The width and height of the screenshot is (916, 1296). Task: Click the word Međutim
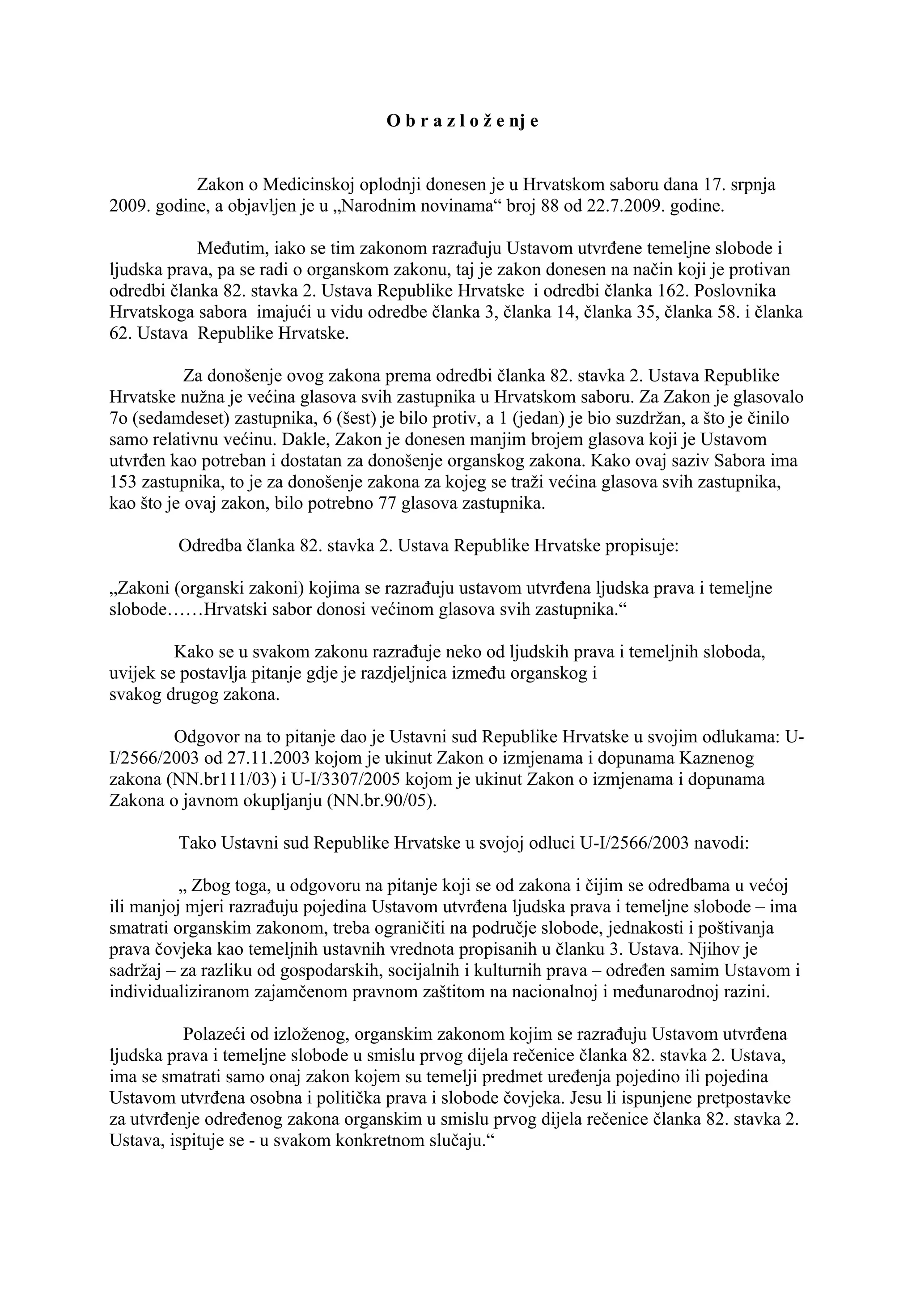click(228, 248)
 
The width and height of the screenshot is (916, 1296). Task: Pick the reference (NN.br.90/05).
click(382, 801)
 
